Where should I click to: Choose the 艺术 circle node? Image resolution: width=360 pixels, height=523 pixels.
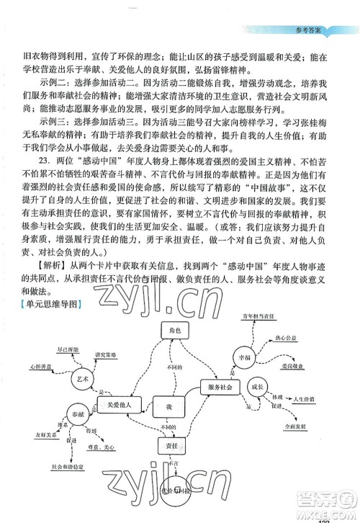pos(84,377)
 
